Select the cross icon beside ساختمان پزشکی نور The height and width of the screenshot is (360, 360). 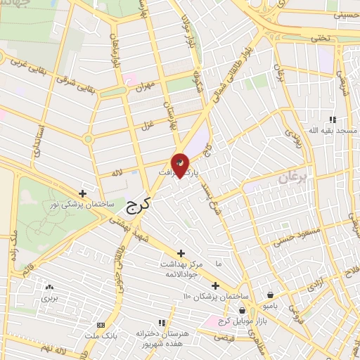click(x=83, y=193)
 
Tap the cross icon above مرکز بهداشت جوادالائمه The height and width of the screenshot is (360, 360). click(x=181, y=252)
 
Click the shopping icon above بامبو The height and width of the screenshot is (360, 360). click(x=271, y=295)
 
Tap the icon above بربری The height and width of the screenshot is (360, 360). click(x=49, y=288)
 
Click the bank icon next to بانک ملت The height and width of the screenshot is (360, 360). click(x=101, y=325)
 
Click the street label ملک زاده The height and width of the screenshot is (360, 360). click(x=11, y=240)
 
